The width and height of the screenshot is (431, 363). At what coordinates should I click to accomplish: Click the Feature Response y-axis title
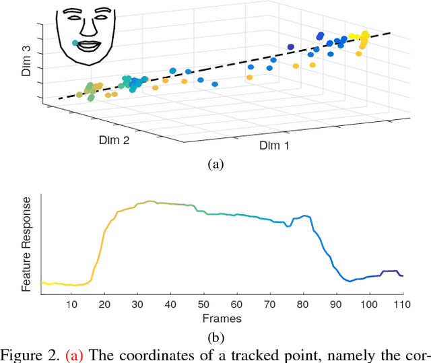[x=27, y=244]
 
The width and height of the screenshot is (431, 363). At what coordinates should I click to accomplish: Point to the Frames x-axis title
[x=222, y=318]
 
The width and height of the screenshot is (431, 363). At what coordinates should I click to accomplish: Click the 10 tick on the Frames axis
[x=72, y=304]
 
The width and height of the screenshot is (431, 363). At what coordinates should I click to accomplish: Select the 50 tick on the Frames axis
[x=204, y=304]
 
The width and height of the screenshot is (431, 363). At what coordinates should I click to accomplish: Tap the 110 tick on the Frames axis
[x=403, y=304]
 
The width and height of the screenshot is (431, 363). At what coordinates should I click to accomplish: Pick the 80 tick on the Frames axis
[x=304, y=304]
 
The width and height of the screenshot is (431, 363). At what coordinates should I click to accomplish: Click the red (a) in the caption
[x=71, y=355]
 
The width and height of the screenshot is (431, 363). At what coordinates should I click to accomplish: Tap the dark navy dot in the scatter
[x=291, y=46]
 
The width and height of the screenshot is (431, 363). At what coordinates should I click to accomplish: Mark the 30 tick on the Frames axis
[x=138, y=304]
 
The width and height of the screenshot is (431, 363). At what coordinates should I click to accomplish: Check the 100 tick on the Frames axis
[x=370, y=304]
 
